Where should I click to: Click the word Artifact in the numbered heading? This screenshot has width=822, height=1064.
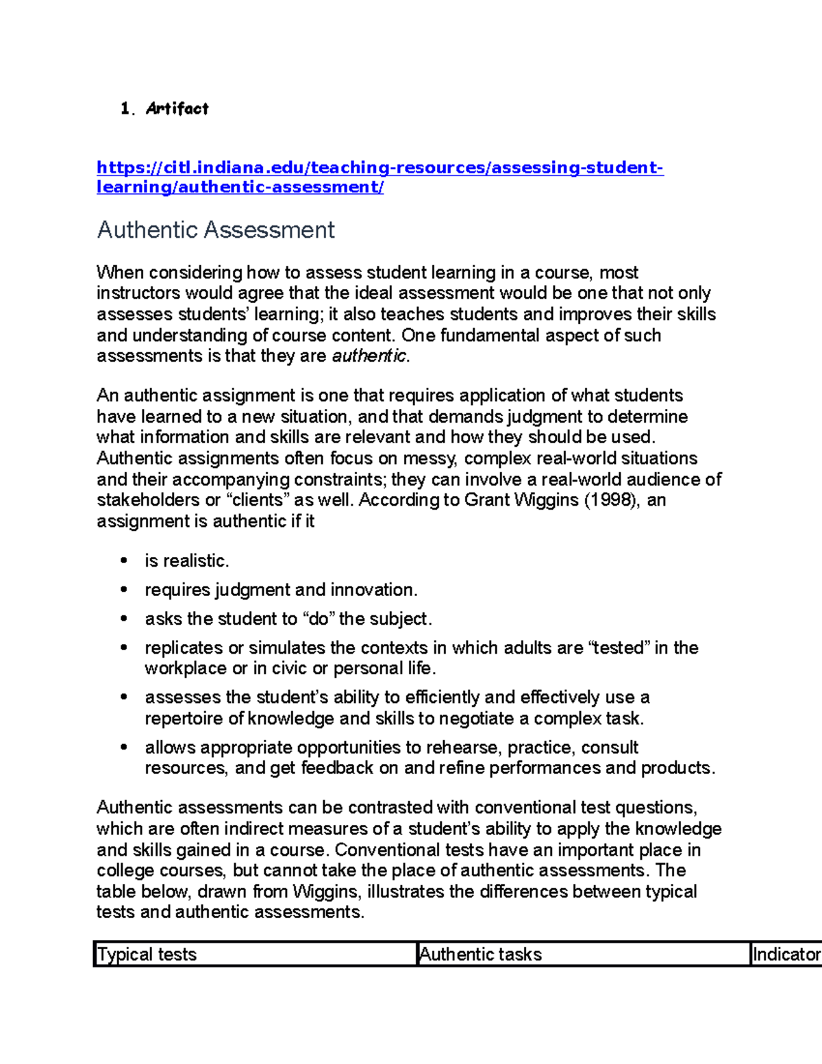pos(177,108)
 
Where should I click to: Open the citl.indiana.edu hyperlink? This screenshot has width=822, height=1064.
pos(379,168)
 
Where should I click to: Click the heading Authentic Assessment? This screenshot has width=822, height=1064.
pos(216,230)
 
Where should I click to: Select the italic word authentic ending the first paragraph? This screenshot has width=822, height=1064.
pos(369,356)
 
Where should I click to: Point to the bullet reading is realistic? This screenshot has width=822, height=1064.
pos(186,561)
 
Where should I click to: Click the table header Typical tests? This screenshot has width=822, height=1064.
pos(147,954)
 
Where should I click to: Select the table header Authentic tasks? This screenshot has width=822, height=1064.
pos(480,954)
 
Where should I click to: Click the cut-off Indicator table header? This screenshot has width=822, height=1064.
pos(786,954)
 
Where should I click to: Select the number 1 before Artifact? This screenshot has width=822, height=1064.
pos(125,109)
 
